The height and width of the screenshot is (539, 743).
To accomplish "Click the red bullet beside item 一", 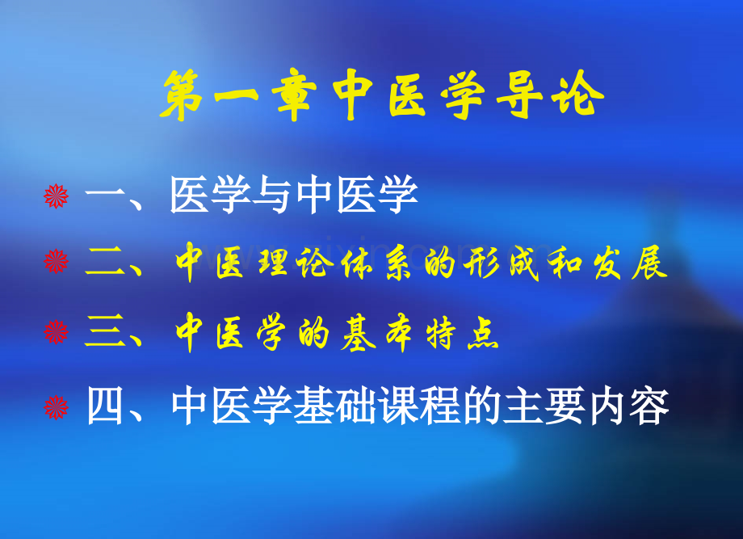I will click(x=56, y=196).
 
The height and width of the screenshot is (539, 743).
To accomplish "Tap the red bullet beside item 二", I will click(x=56, y=262).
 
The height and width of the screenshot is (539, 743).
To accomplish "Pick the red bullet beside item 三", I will click(x=56, y=331).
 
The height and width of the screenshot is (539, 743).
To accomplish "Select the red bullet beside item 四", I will click(x=56, y=407).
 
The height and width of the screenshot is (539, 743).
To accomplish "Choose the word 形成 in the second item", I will click(x=502, y=263).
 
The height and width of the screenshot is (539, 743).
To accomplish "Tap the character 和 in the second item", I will click(x=565, y=263).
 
